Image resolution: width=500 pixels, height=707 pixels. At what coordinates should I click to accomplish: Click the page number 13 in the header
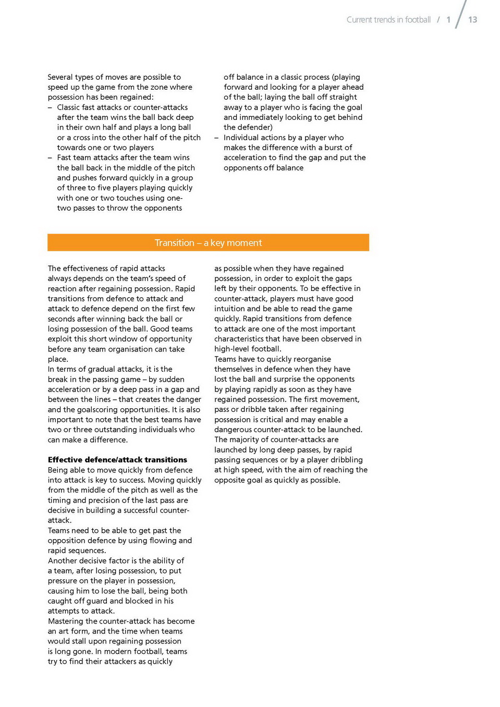pyautogui.click(x=472, y=20)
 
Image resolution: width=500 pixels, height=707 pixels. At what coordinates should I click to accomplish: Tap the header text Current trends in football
pyautogui.click(x=388, y=20)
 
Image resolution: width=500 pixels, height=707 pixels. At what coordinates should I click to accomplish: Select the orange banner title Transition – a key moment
pyautogui.click(x=208, y=243)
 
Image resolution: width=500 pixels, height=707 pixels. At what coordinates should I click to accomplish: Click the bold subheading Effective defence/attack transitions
pyautogui.click(x=117, y=460)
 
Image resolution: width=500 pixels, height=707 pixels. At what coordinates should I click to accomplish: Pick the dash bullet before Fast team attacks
pyautogui.click(x=50, y=157)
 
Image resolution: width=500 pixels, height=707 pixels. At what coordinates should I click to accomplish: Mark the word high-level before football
pyautogui.click(x=233, y=349)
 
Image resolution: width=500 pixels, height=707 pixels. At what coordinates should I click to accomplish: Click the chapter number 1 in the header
pyautogui.click(x=448, y=20)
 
